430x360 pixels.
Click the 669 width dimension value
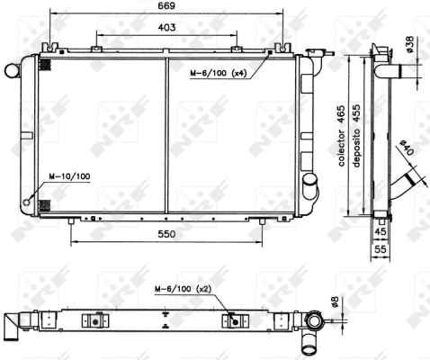coord(166,5)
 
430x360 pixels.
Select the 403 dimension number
coord(166,27)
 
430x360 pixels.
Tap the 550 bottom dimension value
coord(166,234)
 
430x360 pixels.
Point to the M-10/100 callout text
coord(69,176)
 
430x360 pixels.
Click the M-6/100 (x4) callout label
coord(219,73)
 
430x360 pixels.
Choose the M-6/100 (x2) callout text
coord(184,289)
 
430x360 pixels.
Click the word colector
coord(342,148)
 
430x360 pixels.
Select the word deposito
coord(356,148)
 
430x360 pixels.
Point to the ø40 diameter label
coord(407,148)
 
